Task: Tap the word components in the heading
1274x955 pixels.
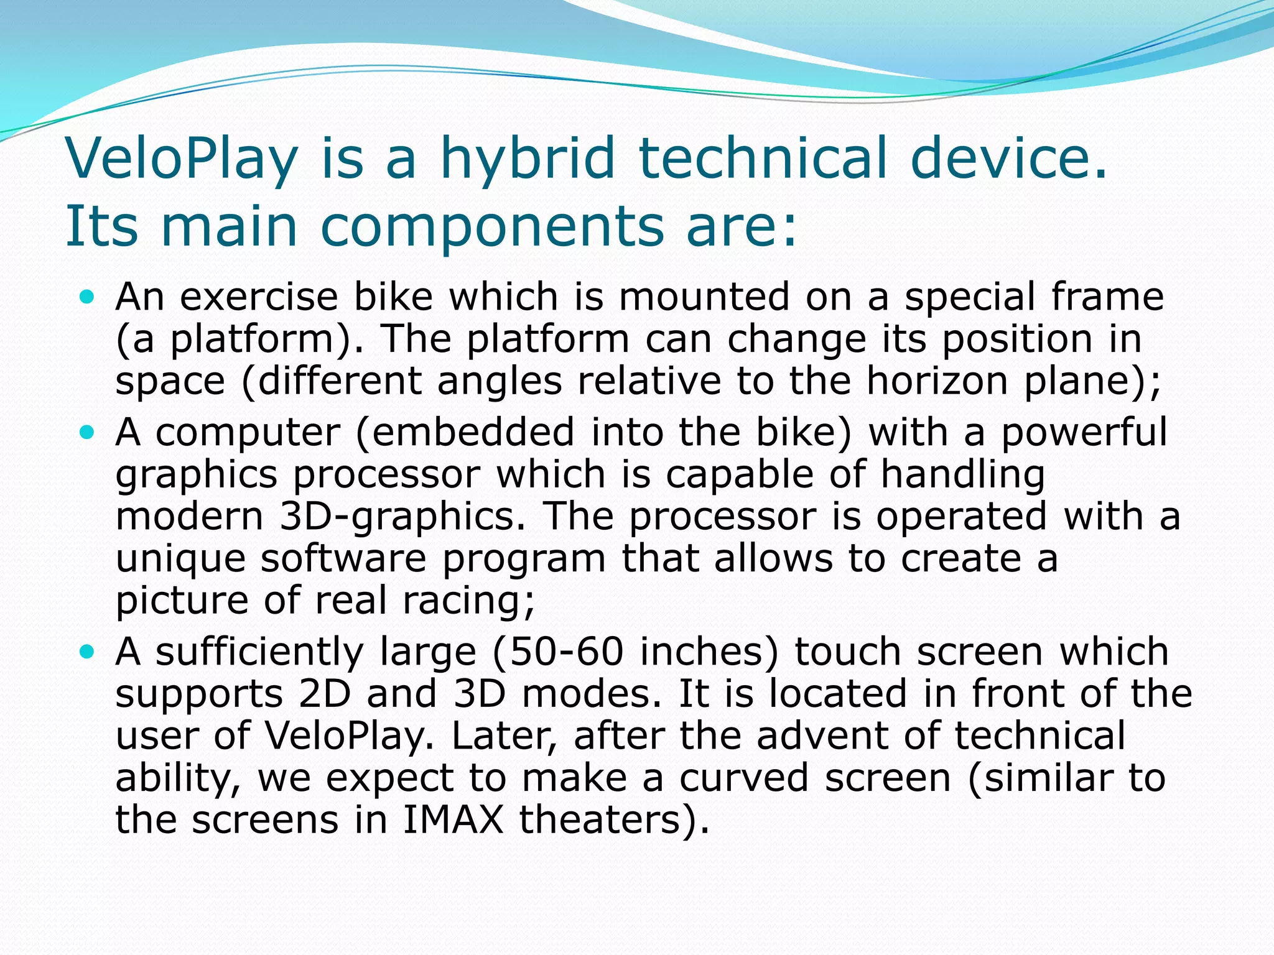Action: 492,225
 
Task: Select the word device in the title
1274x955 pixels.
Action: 1008,158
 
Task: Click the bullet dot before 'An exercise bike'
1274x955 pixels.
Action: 87,297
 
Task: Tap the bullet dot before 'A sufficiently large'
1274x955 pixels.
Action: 87,652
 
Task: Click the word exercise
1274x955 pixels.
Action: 259,297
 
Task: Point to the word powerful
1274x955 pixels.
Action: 1084,433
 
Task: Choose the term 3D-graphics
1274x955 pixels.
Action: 402,517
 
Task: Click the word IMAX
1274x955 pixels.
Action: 452,819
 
